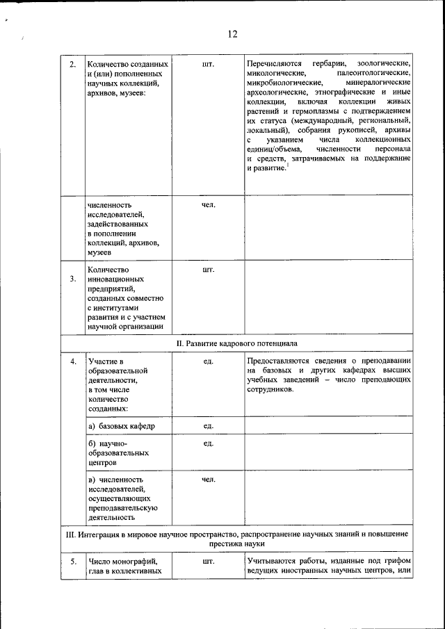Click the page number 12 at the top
(x=232, y=34)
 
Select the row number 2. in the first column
(x=73, y=65)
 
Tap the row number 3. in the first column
(x=73, y=279)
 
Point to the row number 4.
(x=73, y=361)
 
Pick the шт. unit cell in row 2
(x=207, y=65)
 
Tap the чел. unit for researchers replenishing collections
(x=207, y=206)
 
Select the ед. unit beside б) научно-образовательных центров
(x=207, y=443)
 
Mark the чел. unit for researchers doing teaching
(x=207, y=480)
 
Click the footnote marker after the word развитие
(x=288, y=164)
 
